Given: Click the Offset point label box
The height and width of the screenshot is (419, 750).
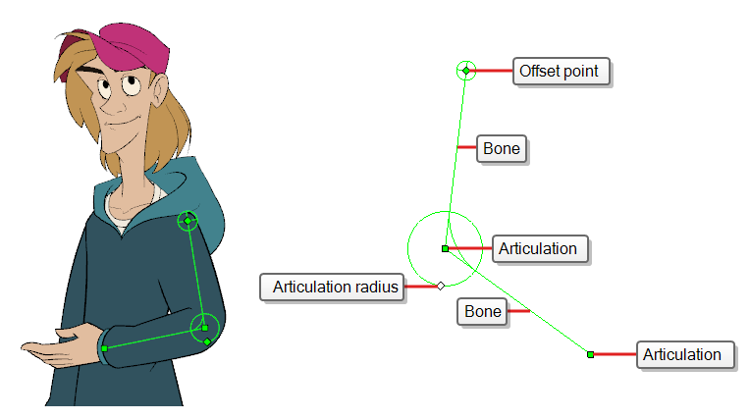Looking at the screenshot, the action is click(562, 72).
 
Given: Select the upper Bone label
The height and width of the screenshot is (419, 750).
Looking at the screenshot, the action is click(502, 149).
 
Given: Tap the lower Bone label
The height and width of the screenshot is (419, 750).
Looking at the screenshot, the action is click(482, 311).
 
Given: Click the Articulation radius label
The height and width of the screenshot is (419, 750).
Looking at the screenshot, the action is click(333, 287).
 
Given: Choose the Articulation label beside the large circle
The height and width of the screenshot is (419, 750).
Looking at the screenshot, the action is click(540, 248).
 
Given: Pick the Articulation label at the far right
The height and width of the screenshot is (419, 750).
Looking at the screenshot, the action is click(685, 354).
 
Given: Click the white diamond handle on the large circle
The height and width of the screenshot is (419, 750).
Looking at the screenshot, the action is click(441, 286).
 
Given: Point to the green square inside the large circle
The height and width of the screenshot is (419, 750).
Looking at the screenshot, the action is click(445, 248).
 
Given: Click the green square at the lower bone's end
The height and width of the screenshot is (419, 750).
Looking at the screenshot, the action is click(591, 354).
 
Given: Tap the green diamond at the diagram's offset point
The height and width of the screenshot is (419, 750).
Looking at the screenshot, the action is click(466, 71).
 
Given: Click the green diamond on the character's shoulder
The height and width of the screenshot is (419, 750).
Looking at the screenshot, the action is click(187, 221).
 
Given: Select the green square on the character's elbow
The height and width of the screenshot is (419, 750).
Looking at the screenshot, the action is click(205, 328).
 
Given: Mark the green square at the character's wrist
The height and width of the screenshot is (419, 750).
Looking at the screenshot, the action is click(104, 348).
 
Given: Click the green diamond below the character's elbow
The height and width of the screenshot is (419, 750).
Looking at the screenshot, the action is click(207, 341).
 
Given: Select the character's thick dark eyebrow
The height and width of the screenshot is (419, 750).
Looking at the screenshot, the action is click(92, 71).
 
